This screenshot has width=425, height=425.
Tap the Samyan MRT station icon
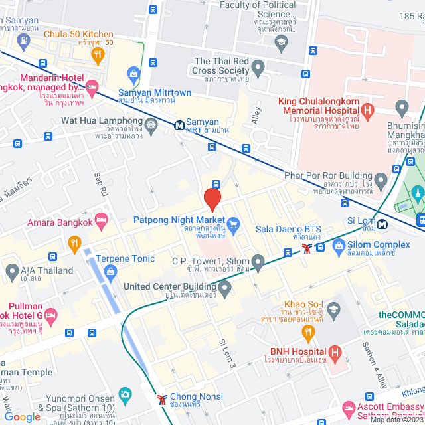coord(179,124)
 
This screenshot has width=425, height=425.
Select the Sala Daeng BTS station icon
coord(306,248)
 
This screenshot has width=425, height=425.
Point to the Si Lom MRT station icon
coord(382,224)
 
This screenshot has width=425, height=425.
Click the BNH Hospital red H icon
coord(334,351)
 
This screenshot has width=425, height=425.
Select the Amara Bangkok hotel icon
coord(102,218)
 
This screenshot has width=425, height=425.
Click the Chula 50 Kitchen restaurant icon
coord(98,55)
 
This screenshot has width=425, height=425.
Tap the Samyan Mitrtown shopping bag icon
coord(135,72)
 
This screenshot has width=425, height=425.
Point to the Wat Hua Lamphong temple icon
coord(152,124)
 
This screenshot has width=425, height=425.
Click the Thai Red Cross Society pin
coord(258,67)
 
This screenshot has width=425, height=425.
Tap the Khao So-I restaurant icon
coord(307,330)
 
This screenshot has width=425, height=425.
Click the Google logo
coord(22,416)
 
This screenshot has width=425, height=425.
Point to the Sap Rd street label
coord(101,184)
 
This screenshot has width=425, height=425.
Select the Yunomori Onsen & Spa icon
coord(124,394)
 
